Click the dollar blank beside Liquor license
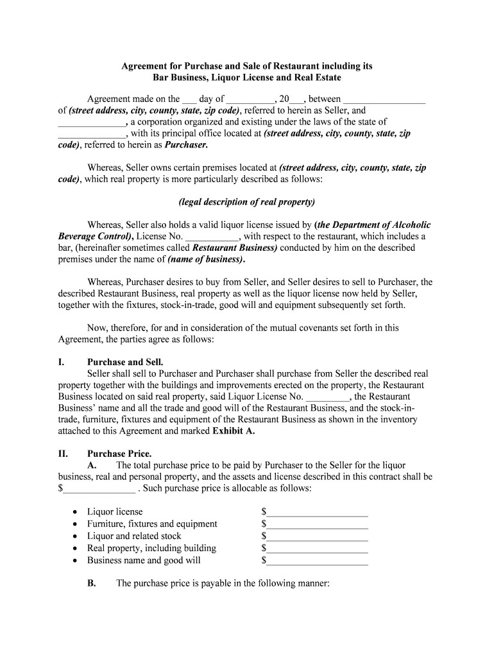(x=317, y=512)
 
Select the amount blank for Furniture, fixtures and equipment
(x=317, y=524)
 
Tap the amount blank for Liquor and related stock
(x=317, y=536)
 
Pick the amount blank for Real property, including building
(x=317, y=549)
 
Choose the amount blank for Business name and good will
(x=317, y=561)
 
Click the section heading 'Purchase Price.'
(x=115, y=454)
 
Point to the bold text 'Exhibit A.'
(x=234, y=431)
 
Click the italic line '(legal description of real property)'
(x=247, y=202)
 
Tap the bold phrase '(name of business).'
(x=206, y=259)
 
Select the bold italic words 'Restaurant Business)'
(x=235, y=248)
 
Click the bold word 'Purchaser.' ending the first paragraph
(x=187, y=145)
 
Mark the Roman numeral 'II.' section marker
(x=63, y=454)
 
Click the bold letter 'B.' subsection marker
(x=92, y=584)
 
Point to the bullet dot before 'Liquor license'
(x=76, y=512)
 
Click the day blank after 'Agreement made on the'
(x=189, y=99)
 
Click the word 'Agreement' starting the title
(x=146, y=66)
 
